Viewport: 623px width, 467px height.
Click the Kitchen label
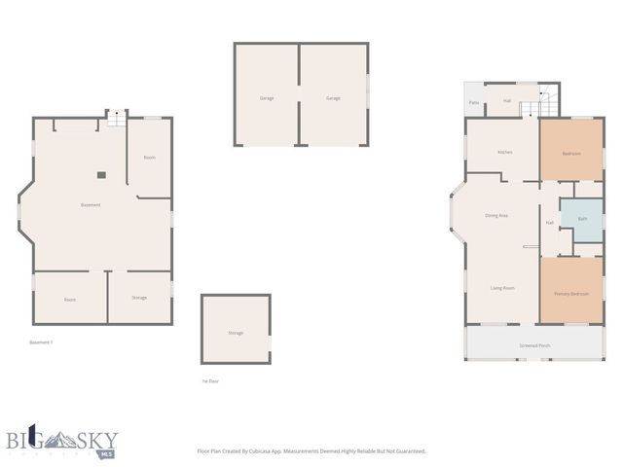tap(504, 153)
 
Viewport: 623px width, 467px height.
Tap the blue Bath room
tap(582, 219)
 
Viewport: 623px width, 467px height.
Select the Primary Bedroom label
tap(571, 294)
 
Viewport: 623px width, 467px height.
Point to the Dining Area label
tap(496, 215)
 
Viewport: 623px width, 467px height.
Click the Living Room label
tap(502, 288)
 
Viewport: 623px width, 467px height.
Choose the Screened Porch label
tap(534, 346)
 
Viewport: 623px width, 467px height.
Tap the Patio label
tap(474, 102)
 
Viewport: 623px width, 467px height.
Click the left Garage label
tap(266, 98)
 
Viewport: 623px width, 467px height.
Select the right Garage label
tap(333, 98)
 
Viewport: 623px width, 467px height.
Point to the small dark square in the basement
tap(100, 175)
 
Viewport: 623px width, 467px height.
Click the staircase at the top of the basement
tap(116, 117)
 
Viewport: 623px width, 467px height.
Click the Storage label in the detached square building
tap(236, 334)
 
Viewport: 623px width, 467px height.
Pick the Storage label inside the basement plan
tap(139, 298)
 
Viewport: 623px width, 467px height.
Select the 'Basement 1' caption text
tap(41, 342)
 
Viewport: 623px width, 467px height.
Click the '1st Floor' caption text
tap(210, 381)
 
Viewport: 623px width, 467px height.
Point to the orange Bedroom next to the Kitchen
tap(571, 154)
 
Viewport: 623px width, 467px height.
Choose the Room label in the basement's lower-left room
tap(70, 300)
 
